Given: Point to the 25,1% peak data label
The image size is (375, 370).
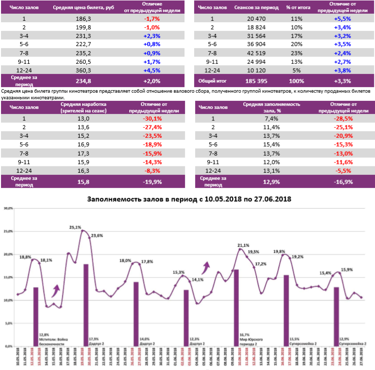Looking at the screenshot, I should point(75,228).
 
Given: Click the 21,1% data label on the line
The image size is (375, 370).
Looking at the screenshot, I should point(244,245).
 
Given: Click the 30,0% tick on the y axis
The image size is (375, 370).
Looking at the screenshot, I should point(8,208).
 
